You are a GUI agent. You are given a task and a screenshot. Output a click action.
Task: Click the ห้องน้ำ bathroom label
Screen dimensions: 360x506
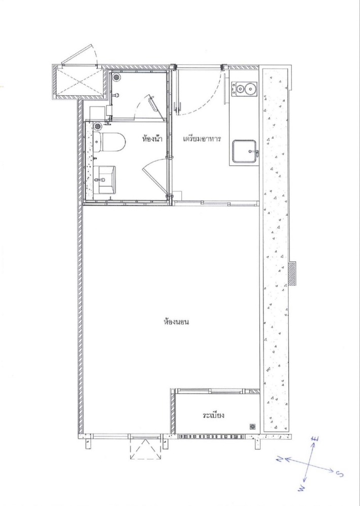pos(152,139)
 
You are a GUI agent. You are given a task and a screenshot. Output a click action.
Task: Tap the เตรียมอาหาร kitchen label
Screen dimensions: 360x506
pos(202,139)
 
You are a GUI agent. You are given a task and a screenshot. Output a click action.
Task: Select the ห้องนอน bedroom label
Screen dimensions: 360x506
pos(176,322)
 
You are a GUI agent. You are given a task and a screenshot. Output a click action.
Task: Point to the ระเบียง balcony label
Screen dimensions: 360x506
pos(214,415)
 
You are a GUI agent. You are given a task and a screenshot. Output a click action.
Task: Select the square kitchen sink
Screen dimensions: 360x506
pos(244,151)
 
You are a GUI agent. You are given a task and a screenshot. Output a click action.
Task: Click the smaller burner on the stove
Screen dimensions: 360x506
pos(239,88)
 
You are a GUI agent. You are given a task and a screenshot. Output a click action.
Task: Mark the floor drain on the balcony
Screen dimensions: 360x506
pos(253,426)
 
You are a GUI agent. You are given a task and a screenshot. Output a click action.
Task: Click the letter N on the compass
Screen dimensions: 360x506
pos(279,459)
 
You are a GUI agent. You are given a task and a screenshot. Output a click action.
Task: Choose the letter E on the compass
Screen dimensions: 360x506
pos(316,439)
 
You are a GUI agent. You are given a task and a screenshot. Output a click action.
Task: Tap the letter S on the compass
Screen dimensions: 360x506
pos(339,474)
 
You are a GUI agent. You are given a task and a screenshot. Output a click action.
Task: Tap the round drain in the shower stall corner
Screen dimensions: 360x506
pos(116,77)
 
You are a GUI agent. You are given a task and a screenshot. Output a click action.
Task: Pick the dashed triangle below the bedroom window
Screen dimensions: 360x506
pos(145,449)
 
